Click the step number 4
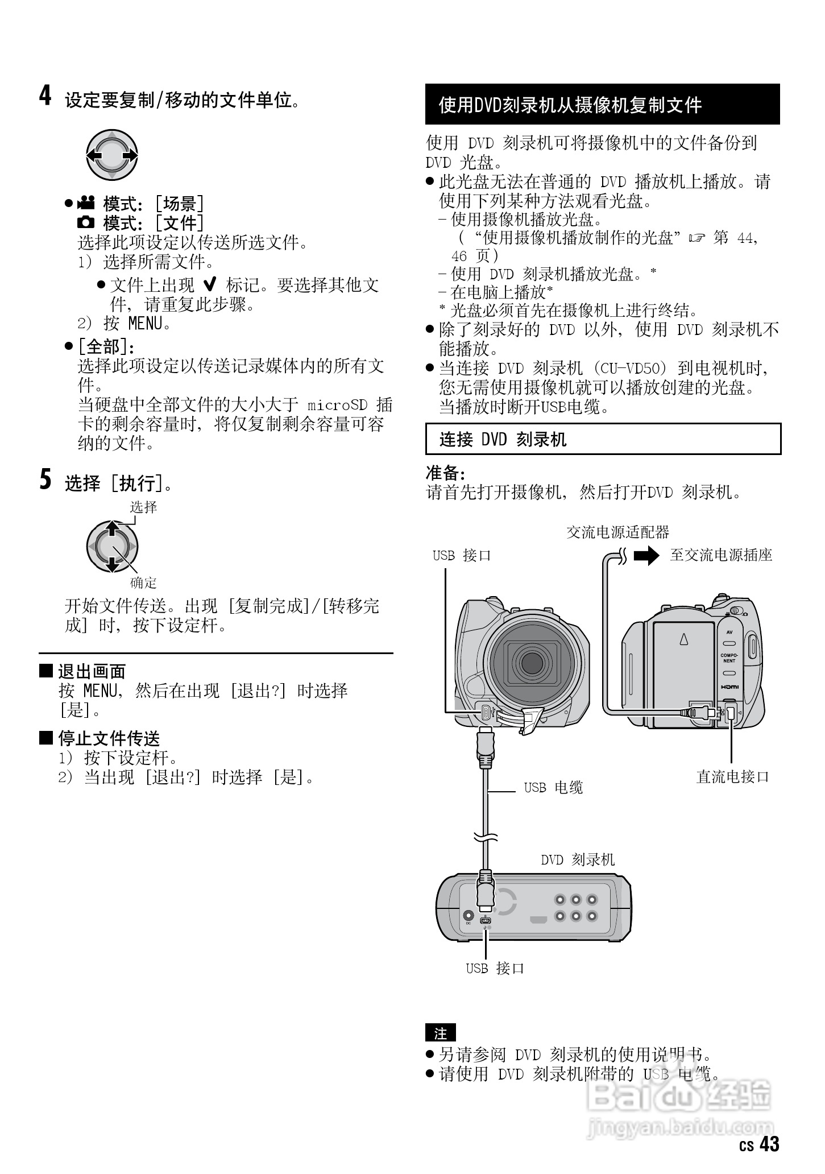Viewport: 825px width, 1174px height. (x=45, y=96)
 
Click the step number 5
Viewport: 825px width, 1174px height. (x=45, y=479)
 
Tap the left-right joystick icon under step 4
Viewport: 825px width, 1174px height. (x=112, y=155)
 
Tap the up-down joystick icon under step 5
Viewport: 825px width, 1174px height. (x=112, y=547)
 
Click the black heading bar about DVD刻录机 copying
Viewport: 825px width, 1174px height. (x=602, y=105)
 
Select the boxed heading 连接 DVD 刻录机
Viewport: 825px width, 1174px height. (x=603, y=439)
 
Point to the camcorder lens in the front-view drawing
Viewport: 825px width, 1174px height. (x=532, y=662)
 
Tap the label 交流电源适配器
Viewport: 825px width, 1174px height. (x=618, y=532)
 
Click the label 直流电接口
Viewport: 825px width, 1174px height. (x=732, y=777)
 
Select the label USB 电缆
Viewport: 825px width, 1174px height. (x=553, y=788)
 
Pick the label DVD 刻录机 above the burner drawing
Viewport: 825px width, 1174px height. (x=578, y=859)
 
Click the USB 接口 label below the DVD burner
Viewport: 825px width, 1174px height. (x=495, y=968)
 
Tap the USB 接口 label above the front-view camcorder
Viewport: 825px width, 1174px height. (x=462, y=556)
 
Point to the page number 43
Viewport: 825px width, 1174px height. (x=769, y=1144)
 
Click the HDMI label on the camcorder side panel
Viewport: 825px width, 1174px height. (x=730, y=687)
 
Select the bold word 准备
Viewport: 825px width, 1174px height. (x=445, y=473)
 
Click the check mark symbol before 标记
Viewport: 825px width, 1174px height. (x=210, y=285)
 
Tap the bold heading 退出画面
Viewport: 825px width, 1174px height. (x=92, y=672)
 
